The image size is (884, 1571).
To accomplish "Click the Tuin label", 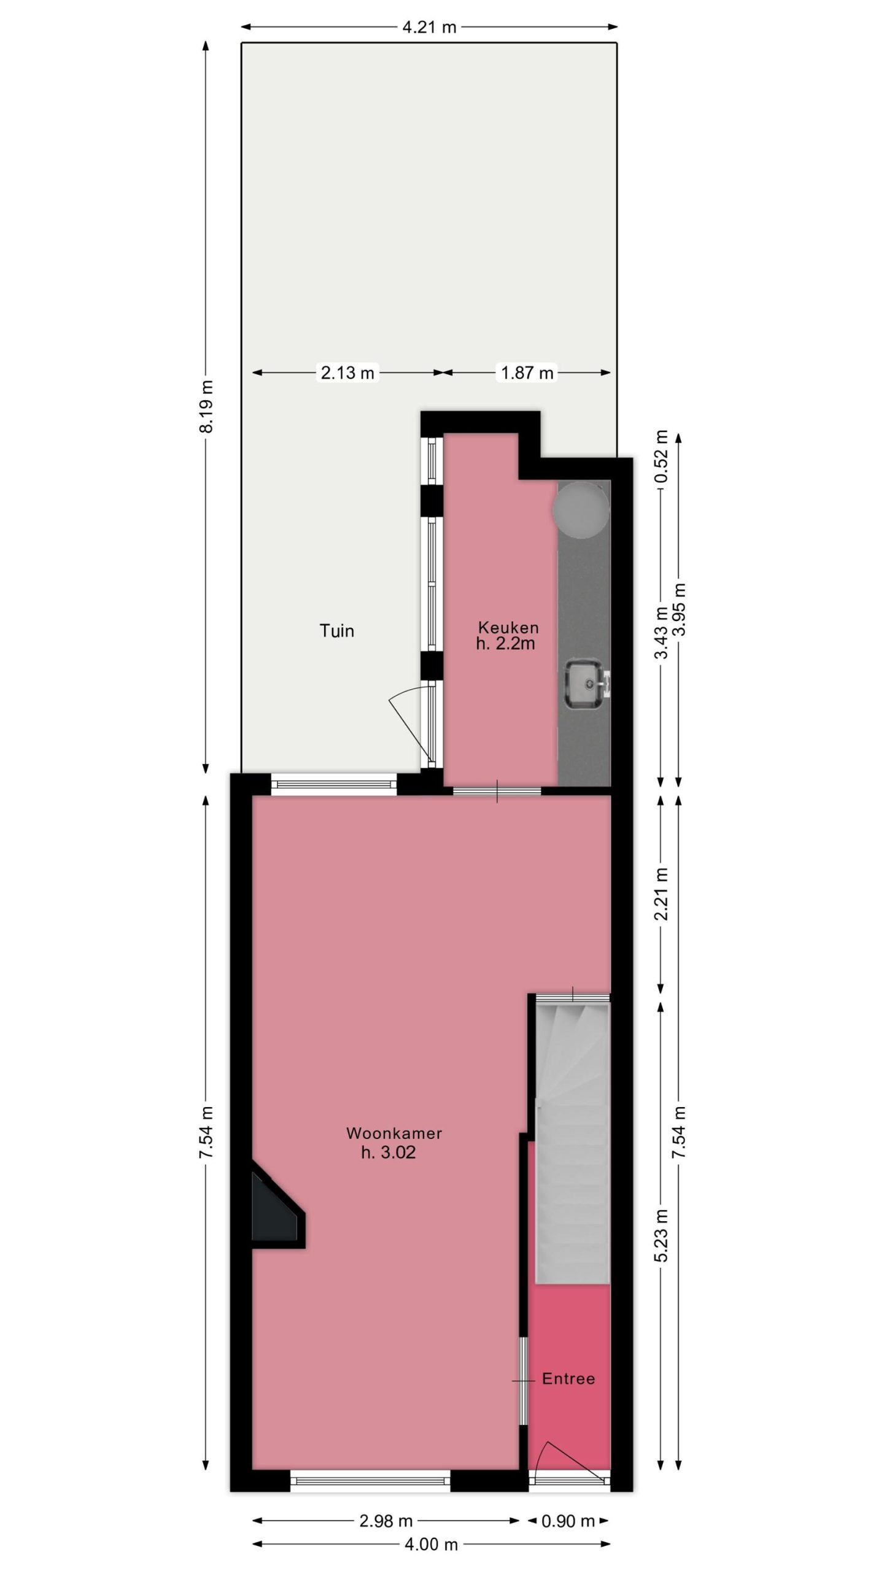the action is [336, 630].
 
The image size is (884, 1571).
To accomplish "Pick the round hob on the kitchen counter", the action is [581, 508].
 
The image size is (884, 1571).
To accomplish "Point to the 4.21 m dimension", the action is [429, 27].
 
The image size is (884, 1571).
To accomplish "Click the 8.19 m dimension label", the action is [207, 406].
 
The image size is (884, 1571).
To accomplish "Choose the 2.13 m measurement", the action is [347, 372].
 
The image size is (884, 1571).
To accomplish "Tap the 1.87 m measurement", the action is [527, 372].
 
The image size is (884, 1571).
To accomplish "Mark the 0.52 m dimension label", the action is [661, 457].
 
